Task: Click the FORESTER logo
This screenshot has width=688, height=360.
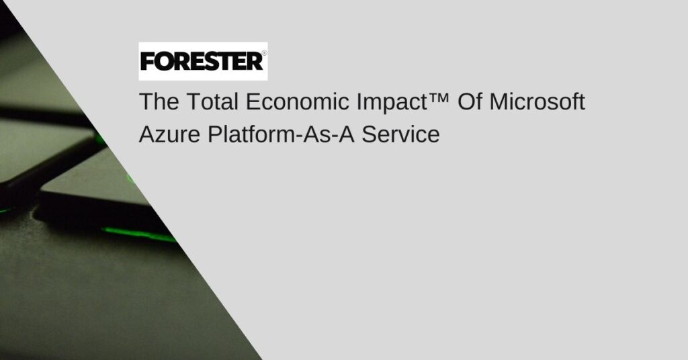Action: [x=203, y=61]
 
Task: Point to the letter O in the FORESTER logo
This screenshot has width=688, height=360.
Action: [x=164, y=62]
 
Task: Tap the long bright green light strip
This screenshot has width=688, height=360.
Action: [x=138, y=234]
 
